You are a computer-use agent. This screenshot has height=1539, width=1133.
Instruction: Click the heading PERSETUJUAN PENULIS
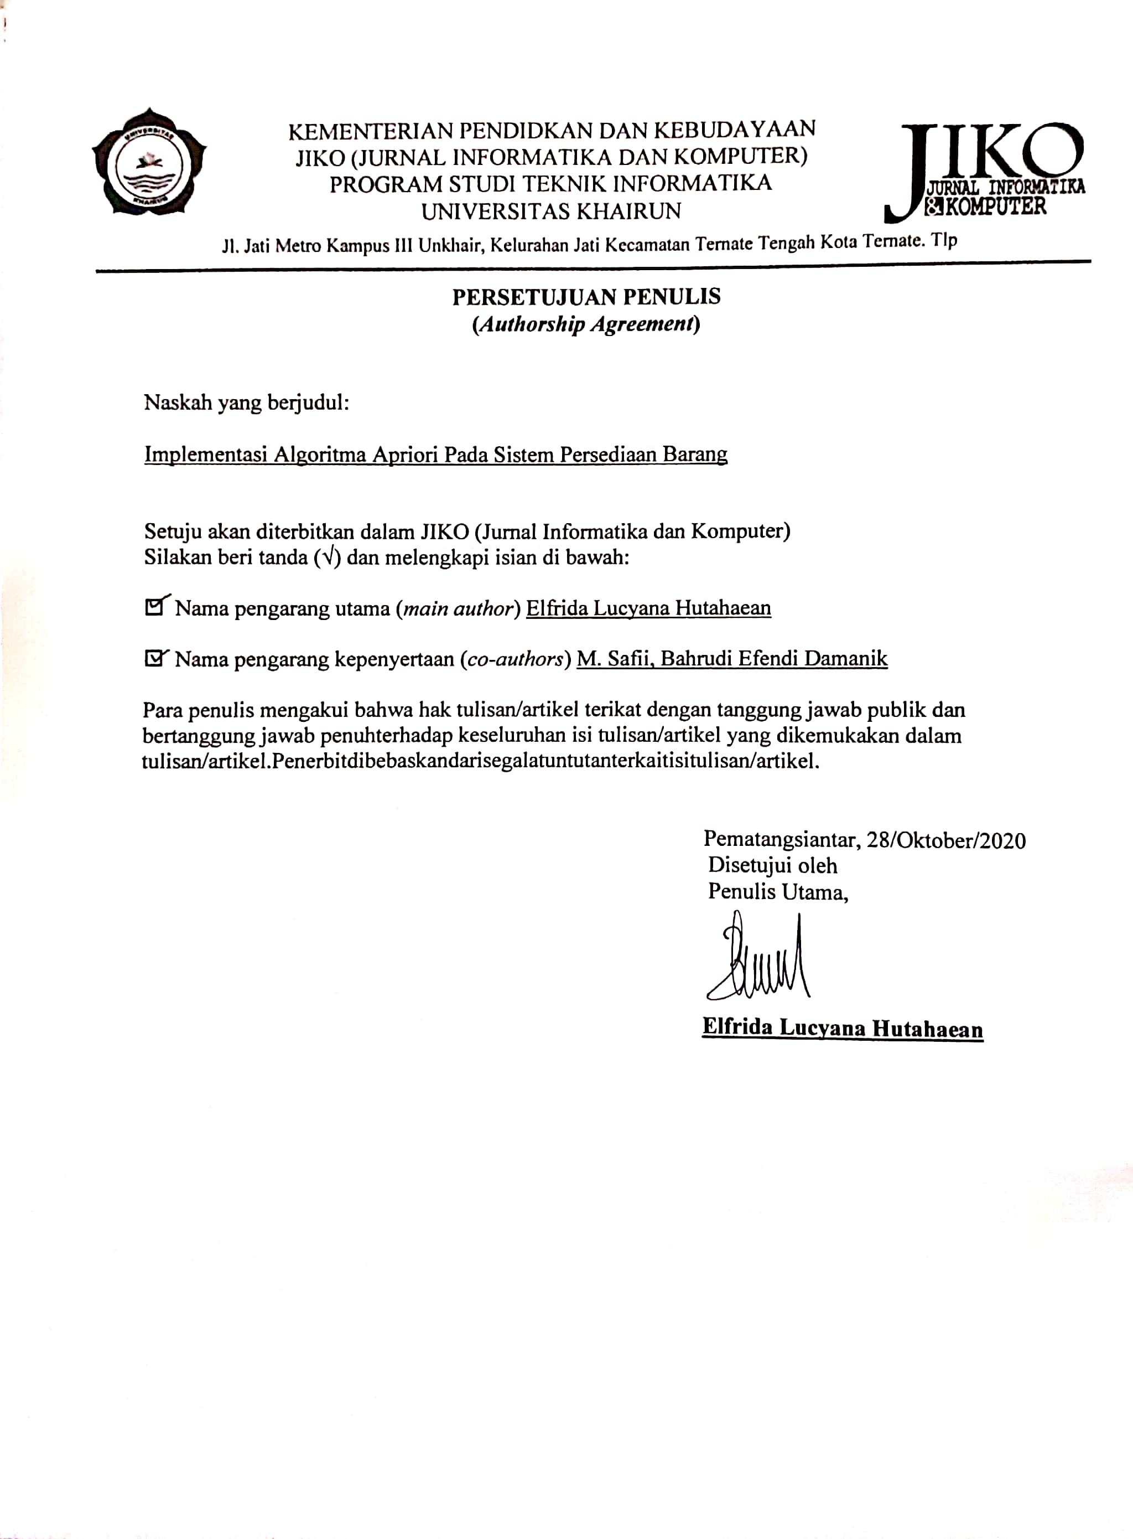point(586,297)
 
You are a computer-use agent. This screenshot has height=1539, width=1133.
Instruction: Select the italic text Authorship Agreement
point(586,324)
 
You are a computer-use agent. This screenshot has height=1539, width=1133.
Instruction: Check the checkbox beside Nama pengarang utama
point(154,607)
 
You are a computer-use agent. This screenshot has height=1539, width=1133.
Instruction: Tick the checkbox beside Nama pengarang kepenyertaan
point(154,659)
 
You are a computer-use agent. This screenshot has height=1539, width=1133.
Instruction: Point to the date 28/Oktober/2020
point(946,840)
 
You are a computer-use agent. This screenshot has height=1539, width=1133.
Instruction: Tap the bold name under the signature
point(842,1028)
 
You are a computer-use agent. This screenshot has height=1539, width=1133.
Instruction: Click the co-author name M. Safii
point(615,659)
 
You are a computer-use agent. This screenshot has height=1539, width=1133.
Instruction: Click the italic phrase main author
point(458,608)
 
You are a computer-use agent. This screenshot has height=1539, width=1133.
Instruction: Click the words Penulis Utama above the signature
point(778,892)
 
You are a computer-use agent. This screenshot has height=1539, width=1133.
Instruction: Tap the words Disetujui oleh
point(772,866)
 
